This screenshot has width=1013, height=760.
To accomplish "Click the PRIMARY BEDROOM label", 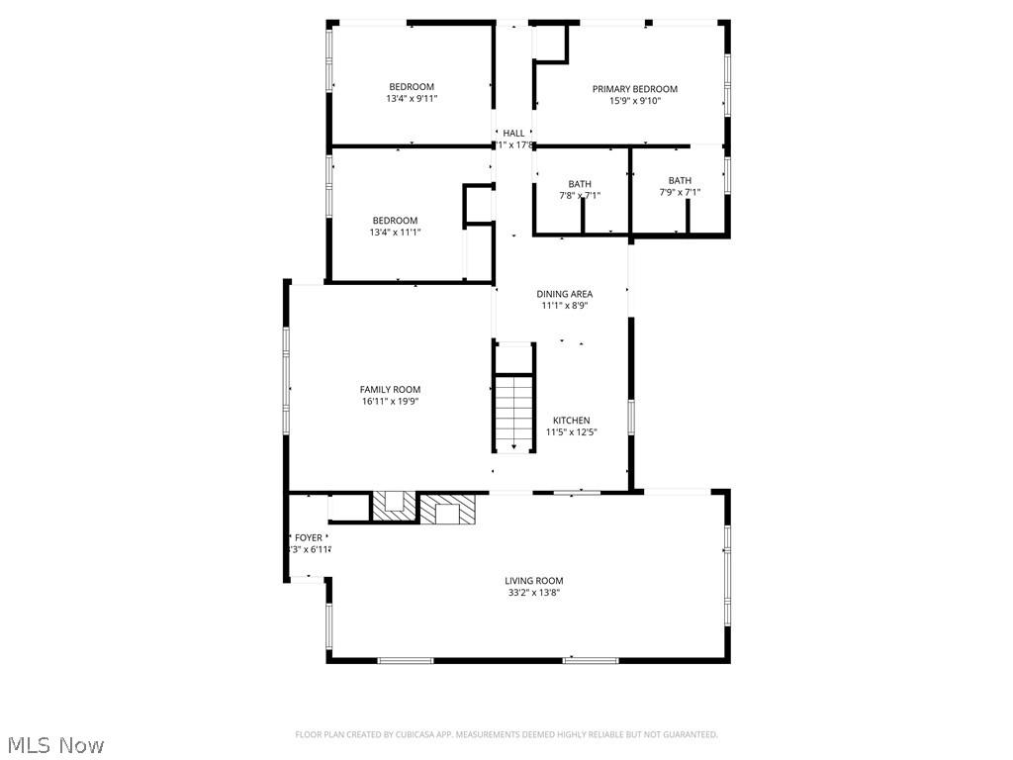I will (635, 89).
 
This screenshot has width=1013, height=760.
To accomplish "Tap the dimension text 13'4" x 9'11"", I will (412, 99).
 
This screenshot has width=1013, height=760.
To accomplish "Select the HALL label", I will (513, 133).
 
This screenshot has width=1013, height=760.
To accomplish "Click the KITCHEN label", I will (572, 421).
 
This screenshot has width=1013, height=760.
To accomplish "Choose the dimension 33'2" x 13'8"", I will (534, 593).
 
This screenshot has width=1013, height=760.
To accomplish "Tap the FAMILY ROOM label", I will (392, 390).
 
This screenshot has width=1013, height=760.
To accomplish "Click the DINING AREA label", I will (565, 294).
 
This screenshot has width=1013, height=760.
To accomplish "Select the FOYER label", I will (309, 538).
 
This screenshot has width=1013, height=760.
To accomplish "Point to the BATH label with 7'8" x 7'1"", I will (580, 184).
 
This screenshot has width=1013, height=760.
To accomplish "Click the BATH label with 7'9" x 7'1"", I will (680, 180).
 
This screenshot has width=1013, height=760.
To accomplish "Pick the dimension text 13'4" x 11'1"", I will (395, 233).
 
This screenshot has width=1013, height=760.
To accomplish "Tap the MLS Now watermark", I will (55, 744).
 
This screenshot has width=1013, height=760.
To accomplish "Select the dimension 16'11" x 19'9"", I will (392, 402).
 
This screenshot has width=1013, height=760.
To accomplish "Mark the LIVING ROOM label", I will (534, 581).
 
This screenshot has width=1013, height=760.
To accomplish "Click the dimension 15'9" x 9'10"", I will (635, 101).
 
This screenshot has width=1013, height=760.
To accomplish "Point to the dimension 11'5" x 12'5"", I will (572, 432).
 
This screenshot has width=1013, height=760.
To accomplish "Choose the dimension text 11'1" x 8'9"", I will (565, 306).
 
